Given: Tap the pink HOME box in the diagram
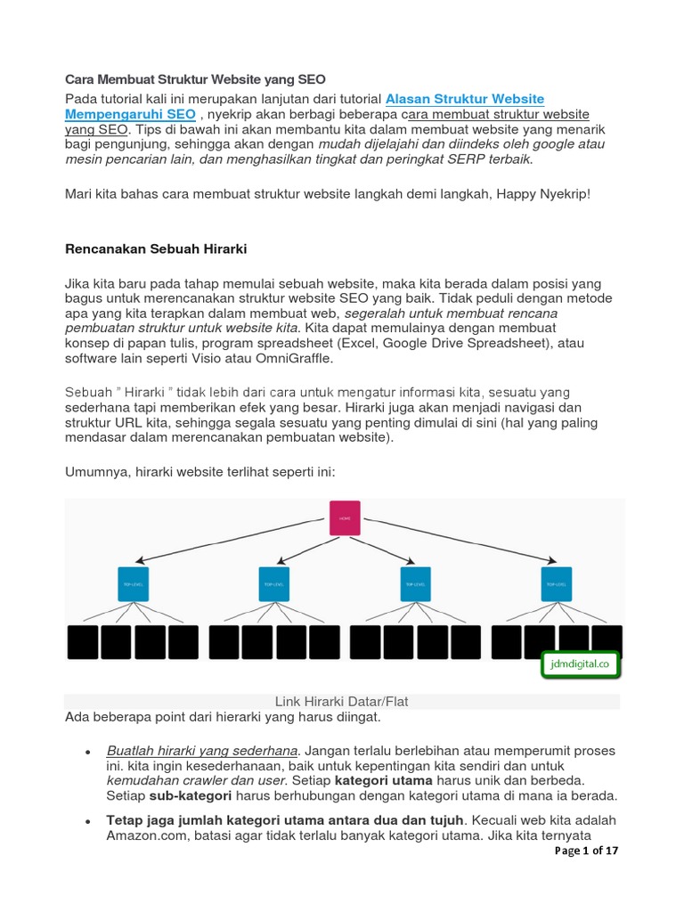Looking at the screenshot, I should (x=344, y=517).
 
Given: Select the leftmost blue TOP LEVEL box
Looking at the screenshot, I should (x=131, y=583).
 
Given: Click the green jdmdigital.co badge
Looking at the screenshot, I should (x=579, y=664).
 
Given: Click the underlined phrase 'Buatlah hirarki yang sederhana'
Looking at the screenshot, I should (x=201, y=751).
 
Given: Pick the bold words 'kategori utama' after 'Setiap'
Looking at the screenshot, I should (x=384, y=781).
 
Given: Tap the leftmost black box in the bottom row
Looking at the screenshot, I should (x=84, y=641).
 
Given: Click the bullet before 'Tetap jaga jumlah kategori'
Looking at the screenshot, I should (x=88, y=820).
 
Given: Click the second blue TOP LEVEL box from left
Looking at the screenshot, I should (x=273, y=583).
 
